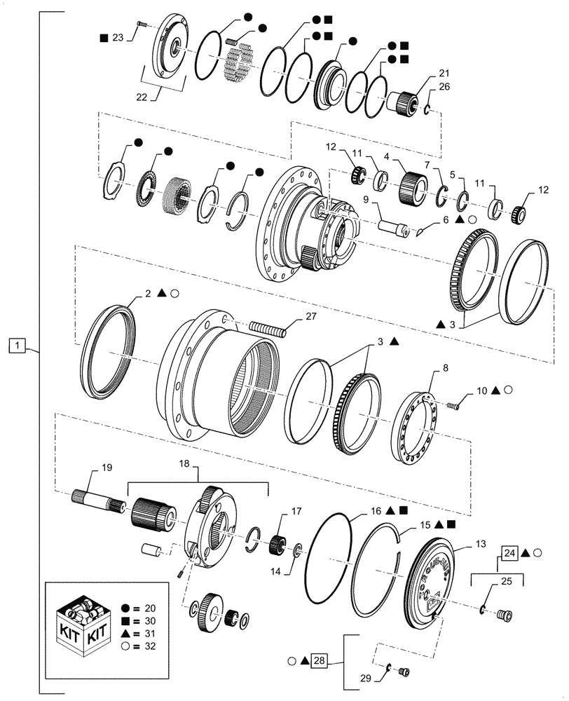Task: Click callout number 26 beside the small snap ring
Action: click(x=424, y=87)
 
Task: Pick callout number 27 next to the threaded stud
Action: click(x=312, y=317)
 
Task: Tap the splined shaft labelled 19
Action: click(x=99, y=500)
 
